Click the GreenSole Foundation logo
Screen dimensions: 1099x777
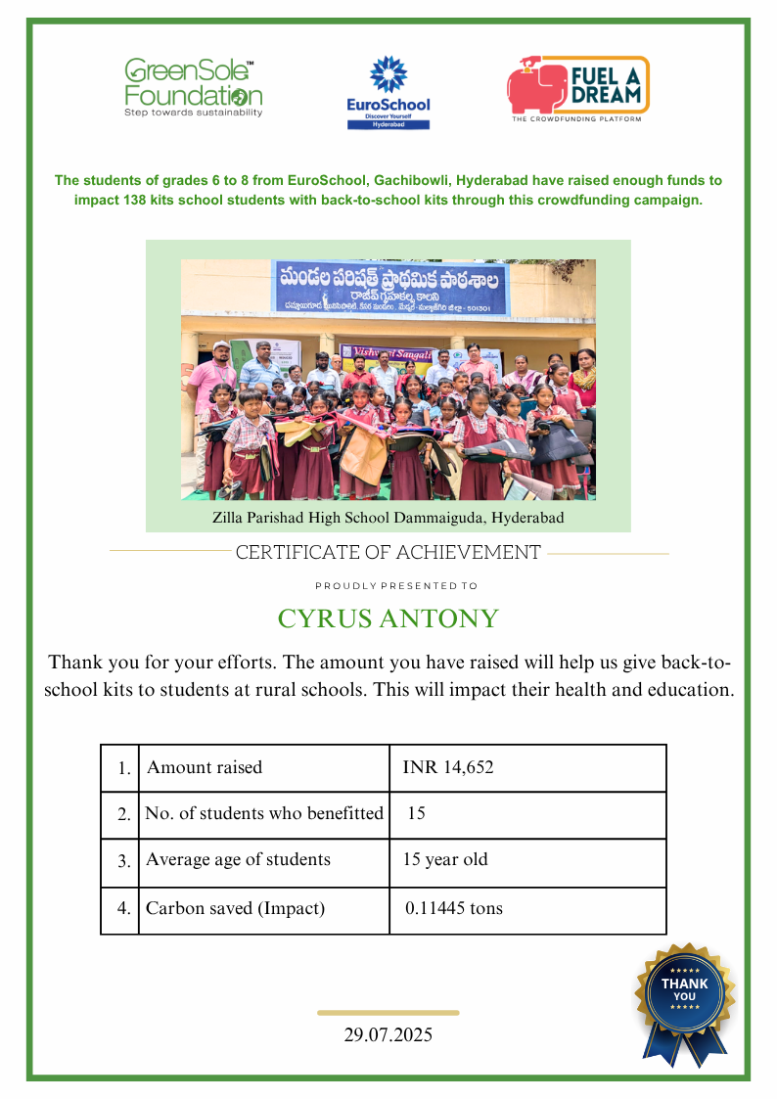point(193,88)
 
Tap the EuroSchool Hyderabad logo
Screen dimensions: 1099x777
point(388,92)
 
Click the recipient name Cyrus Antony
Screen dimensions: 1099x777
point(388,618)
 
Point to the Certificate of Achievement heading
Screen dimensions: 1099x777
point(388,553)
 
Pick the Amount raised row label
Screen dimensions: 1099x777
point(205,767)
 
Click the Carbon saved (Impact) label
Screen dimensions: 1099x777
point(235,908)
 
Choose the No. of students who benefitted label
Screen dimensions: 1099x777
point(264,813)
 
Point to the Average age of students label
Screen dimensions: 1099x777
point(238,860)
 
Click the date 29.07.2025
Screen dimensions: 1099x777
point(388,1034)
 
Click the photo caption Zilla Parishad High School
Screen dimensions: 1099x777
point(388,517)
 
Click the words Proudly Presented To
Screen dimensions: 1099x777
point(396,586)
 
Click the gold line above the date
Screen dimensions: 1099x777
point(388,1013)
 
